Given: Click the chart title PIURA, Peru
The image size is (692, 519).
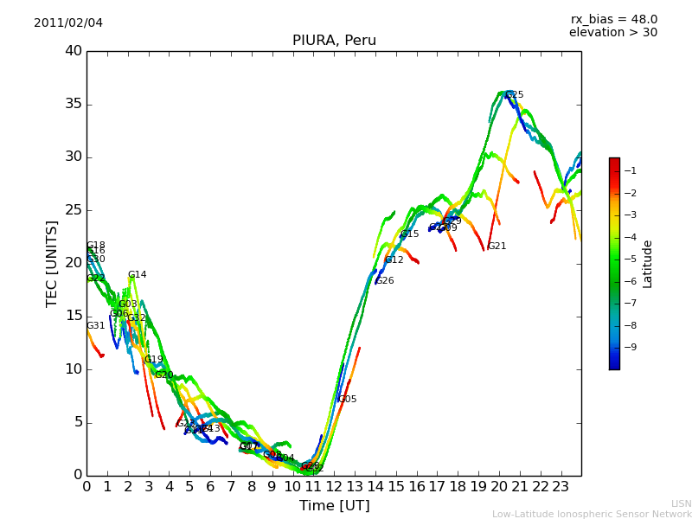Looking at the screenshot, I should (334, 41).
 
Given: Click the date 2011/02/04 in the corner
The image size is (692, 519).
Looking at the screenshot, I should (68, 22).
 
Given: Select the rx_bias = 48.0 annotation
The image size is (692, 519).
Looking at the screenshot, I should (613, 19).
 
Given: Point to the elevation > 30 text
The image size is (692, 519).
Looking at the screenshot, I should (612, 33).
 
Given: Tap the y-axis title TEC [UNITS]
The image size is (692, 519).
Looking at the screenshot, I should (53, 263).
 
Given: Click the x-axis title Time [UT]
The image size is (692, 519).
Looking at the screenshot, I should (334, 506).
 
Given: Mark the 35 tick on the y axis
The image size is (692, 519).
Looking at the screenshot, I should (74, 104).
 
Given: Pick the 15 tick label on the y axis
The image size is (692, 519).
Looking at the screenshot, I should (74, 316).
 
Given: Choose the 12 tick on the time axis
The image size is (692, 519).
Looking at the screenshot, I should (334, 486).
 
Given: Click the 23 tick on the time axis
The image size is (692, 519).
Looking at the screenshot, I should (561, 486).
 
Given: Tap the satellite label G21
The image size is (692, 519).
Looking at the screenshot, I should (497, 247).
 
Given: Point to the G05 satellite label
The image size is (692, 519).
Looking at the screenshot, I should (347, 400).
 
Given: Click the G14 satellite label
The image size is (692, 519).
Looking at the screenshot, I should (137, 275).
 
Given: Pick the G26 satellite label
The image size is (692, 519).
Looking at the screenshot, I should (384, 281).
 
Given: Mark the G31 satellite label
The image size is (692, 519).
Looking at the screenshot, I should (95, 326).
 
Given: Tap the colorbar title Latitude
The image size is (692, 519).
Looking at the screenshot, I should (648, 264).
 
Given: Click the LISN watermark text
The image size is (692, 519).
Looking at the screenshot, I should (681, 503).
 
